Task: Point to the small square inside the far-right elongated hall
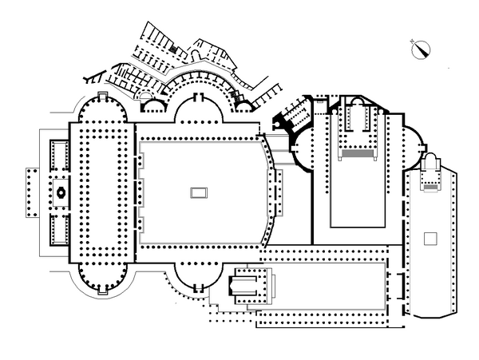pos(430,238)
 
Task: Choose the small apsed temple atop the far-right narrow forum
pos(433,172)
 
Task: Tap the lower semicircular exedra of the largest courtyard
pos(197,277)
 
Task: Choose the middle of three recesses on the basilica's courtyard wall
pos(141,192)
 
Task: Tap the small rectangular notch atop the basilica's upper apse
pos(101,95)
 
